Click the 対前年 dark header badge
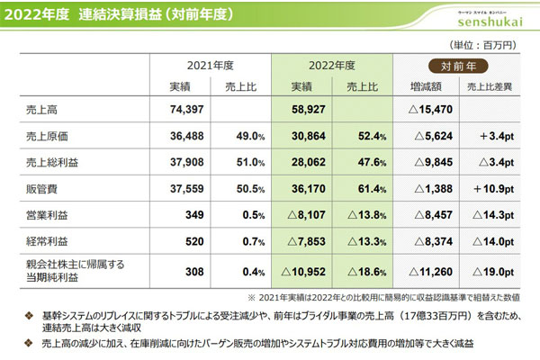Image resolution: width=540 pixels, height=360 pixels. coord(458,66)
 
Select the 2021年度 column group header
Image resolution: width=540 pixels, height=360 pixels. coord(211,66)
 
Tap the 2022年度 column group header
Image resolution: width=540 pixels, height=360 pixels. coord(331,66)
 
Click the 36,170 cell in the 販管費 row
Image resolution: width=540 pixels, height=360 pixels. coord(302,191)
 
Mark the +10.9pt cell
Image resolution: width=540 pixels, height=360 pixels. coord(491,191)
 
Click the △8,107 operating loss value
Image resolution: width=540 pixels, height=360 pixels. coord(300,217)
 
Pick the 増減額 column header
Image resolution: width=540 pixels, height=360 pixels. coord(428,87)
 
